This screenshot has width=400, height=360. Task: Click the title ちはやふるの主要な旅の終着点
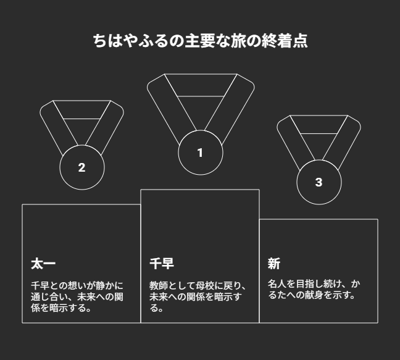(x=200, y=41)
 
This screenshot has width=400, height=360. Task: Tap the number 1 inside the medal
(x=200, y=153)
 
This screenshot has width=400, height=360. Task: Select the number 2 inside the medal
(x=81, y=167)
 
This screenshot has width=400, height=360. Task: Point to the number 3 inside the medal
(x=319, y=182)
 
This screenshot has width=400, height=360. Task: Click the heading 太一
(x=43, y=264)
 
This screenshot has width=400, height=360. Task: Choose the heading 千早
(x=162, y=264)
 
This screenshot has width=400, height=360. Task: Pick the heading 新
(x=274, y=264)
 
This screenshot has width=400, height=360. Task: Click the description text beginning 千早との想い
(x=77, y=297)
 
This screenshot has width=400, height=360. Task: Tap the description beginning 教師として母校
(x=198, y=297)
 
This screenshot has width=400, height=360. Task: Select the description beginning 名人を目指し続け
(x=314, y=290)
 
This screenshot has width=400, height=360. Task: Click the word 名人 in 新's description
(x=277, y=284)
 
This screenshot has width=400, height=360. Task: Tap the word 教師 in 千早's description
(x=159, y=286)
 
